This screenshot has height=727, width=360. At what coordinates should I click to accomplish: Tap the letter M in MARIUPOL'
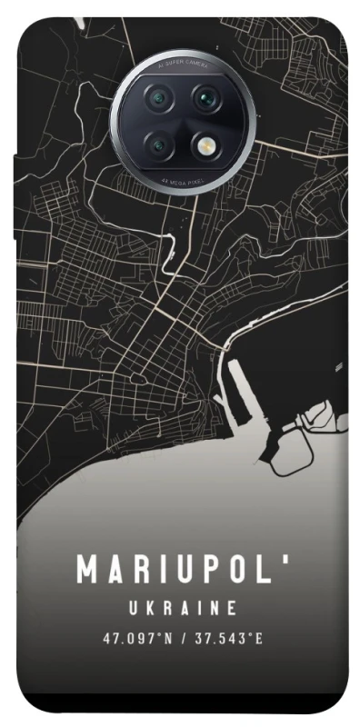(x=87, y=571)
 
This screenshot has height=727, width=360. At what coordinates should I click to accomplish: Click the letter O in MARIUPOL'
(x=243, y=571)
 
